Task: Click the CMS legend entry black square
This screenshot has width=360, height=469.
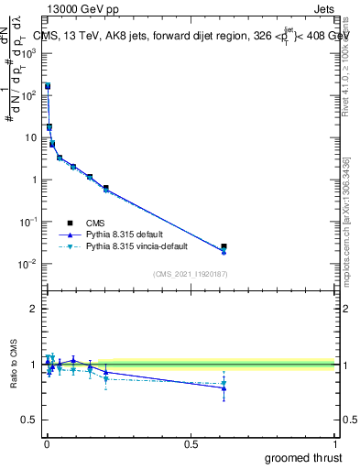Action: [70, 222]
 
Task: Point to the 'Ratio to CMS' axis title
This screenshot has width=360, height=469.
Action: [14, 364]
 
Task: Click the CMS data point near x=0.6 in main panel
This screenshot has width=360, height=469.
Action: [224, 246]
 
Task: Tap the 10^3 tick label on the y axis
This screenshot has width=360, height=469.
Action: [28, 53]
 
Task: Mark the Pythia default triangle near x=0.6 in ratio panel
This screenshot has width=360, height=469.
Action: [224, 387]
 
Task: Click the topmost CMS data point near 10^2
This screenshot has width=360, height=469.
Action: [48, 86]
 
